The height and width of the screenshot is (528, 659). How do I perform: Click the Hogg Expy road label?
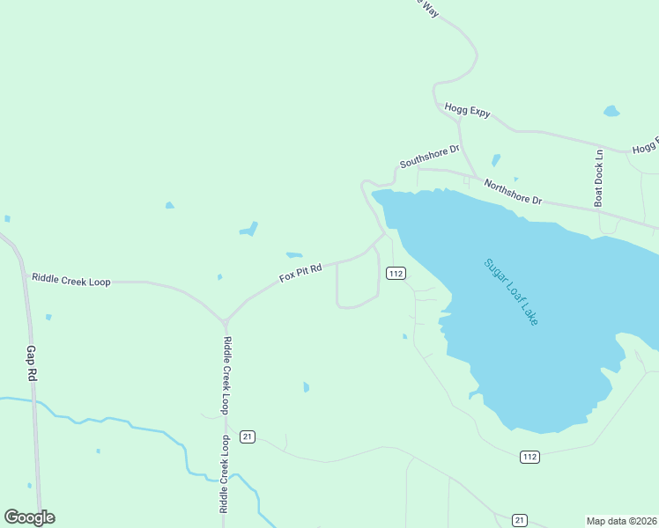(x=467, y=111)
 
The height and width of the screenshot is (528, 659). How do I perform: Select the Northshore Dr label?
(x=513, y=193)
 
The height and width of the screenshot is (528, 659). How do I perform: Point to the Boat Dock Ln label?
(x=598, y=177)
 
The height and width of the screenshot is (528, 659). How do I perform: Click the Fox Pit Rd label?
(x=301, y=271)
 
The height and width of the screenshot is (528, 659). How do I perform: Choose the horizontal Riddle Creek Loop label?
(x=71, y=280)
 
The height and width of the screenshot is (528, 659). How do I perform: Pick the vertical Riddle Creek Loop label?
(x=226, y=376)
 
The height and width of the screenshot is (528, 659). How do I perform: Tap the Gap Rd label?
(x=32, y=362)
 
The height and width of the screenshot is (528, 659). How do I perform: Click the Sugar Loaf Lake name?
(x=511, y=292)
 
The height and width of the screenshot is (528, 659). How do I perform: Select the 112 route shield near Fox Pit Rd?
(x=396, y=274)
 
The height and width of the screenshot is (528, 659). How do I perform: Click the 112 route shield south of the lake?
(x=529, y=457)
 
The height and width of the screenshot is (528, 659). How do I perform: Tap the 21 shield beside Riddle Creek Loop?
(x=248, y=436)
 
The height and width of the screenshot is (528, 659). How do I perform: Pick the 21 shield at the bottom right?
(x=520, y=519)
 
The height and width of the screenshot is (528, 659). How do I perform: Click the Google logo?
(x=29, y=517)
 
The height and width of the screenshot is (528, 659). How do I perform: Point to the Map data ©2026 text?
(x=621, y=521)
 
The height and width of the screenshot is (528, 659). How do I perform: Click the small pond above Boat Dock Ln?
(x=611, y=112)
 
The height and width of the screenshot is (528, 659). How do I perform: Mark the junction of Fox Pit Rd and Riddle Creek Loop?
(x=226, y=320)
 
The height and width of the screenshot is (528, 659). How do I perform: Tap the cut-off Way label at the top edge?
(x=429, y=7)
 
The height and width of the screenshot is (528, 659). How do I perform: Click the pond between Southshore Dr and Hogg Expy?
(x=496, y=160)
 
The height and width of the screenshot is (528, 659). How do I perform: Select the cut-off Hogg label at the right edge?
(x=646, y=147)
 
